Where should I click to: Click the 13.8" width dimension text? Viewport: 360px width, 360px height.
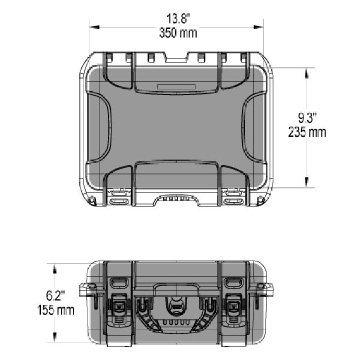pos(178,19)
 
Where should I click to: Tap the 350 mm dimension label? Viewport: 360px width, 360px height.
pos(178,33)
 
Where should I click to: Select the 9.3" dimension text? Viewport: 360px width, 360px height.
pos(307,118)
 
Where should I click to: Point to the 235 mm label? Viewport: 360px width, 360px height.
pos(307,132)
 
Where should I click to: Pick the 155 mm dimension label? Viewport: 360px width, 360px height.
pos(56,310)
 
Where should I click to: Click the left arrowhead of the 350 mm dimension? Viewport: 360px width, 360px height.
pos(94,27)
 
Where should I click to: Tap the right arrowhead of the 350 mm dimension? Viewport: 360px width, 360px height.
pos(258,27)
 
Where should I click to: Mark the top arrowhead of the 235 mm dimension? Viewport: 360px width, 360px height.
pos(307,73)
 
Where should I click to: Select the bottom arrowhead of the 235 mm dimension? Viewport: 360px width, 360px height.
pos(307,182)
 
